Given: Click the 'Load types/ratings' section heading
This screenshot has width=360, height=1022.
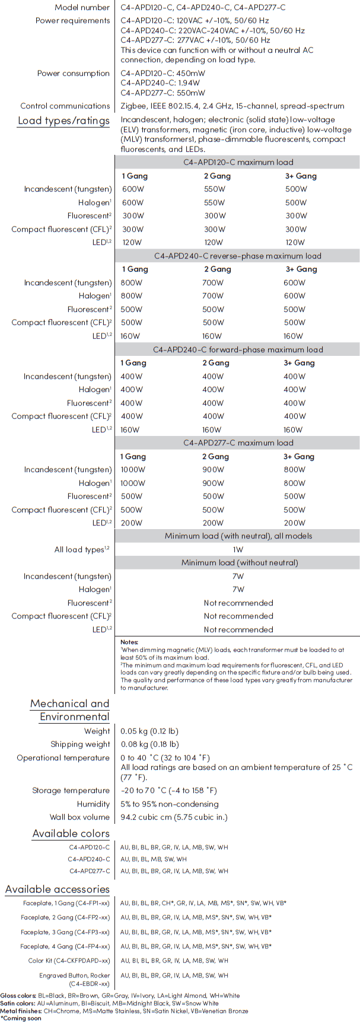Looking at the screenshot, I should (63, 121).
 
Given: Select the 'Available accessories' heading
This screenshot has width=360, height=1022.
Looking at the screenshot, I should (58, 889).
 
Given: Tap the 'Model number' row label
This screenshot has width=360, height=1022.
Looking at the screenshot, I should (82, 8).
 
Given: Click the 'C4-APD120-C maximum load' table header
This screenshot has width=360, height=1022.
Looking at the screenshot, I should (238, 162).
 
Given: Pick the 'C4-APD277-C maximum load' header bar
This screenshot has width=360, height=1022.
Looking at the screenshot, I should (238, 442).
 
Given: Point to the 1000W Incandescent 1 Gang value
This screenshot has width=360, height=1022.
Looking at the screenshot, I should (133, 469).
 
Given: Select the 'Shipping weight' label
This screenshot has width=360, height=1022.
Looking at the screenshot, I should (80, 744).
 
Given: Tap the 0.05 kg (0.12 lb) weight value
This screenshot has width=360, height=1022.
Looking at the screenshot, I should (149, 731).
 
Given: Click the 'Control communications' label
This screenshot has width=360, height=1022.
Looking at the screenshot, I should (65, 106).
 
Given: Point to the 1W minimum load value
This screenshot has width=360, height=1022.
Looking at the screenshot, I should (238, 549).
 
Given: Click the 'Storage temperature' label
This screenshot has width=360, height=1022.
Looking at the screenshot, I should (71, 791).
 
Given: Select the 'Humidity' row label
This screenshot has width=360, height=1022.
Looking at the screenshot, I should (93, 804).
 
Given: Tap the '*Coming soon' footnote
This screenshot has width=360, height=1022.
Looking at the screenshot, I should (21, 1018).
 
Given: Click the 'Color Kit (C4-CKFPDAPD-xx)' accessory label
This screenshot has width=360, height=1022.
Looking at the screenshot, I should (69, 960).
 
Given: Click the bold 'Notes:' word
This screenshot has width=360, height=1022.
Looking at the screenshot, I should (129, 642).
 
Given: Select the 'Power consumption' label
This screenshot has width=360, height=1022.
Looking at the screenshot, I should (74, 74).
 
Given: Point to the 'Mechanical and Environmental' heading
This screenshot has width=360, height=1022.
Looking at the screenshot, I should (70, 710).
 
